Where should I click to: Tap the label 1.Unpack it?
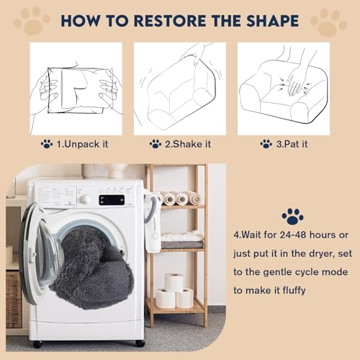pyautogui.click(x=81, y=143)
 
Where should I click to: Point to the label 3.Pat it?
pyautogui.click(x=292, y=143)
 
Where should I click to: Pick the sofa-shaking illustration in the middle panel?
pyautogui.click(x=180, y=87)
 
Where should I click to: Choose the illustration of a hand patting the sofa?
pyautogui.click(x=284, y=87)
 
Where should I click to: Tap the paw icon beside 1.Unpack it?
pyautogui.click(x=47, y=143)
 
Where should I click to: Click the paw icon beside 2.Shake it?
pyautogui.click(x=155, y=143)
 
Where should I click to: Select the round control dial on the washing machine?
pyautogui.click(x=86, y=199)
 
